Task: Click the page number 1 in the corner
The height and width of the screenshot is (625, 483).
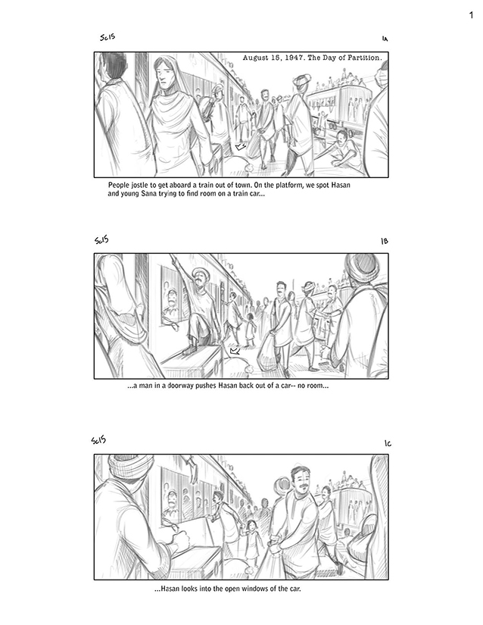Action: coord(472,15)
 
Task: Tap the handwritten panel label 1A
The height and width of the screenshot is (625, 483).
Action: coord(385,39)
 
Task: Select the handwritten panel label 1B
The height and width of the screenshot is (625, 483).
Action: coord(385,241)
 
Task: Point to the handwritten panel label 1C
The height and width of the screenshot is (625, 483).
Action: coord(388,443)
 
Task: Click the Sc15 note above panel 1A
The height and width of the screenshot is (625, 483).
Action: coord(108,37)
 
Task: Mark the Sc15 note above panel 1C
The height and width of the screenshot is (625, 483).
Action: coord(98,439)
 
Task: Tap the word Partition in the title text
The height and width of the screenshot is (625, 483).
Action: coord(364,58)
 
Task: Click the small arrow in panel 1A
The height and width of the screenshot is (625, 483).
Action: coord(241,147)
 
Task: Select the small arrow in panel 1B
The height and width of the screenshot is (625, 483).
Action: coord(235,351)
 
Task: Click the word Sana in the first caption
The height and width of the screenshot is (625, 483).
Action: coord(148,194)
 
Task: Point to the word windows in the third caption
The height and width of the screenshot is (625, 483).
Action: coord(255,589)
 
